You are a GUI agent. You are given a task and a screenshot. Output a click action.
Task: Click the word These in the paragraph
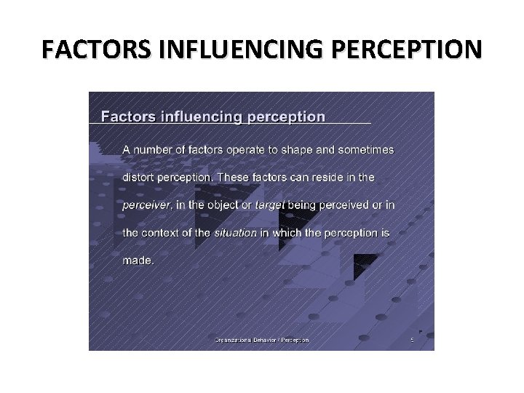233,177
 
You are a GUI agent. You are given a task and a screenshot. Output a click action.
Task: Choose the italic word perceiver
146,205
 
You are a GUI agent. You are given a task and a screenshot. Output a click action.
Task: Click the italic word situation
235,233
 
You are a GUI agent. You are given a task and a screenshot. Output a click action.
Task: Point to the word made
137,261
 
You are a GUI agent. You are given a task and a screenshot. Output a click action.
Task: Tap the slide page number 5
412,340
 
